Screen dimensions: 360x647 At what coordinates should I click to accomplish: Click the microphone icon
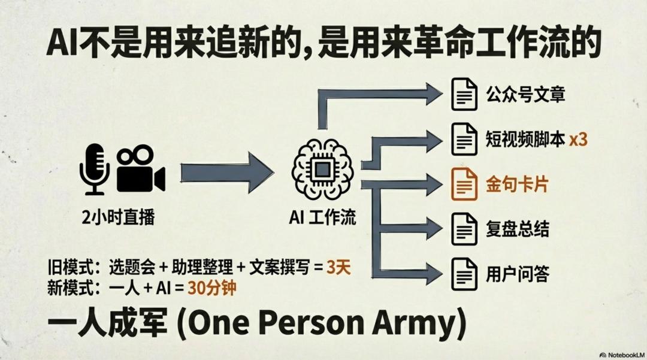coord(95,168)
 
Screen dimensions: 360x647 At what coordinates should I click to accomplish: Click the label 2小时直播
coord(119,217)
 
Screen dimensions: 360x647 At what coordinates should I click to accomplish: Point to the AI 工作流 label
coord(322,217)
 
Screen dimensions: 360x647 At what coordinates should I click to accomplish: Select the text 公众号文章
coord(525,94)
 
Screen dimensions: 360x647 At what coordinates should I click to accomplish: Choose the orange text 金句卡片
coord(517,184)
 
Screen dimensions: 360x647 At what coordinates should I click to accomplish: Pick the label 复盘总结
coord(517,229)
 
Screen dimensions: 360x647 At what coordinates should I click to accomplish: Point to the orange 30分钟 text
coord(211,288)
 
